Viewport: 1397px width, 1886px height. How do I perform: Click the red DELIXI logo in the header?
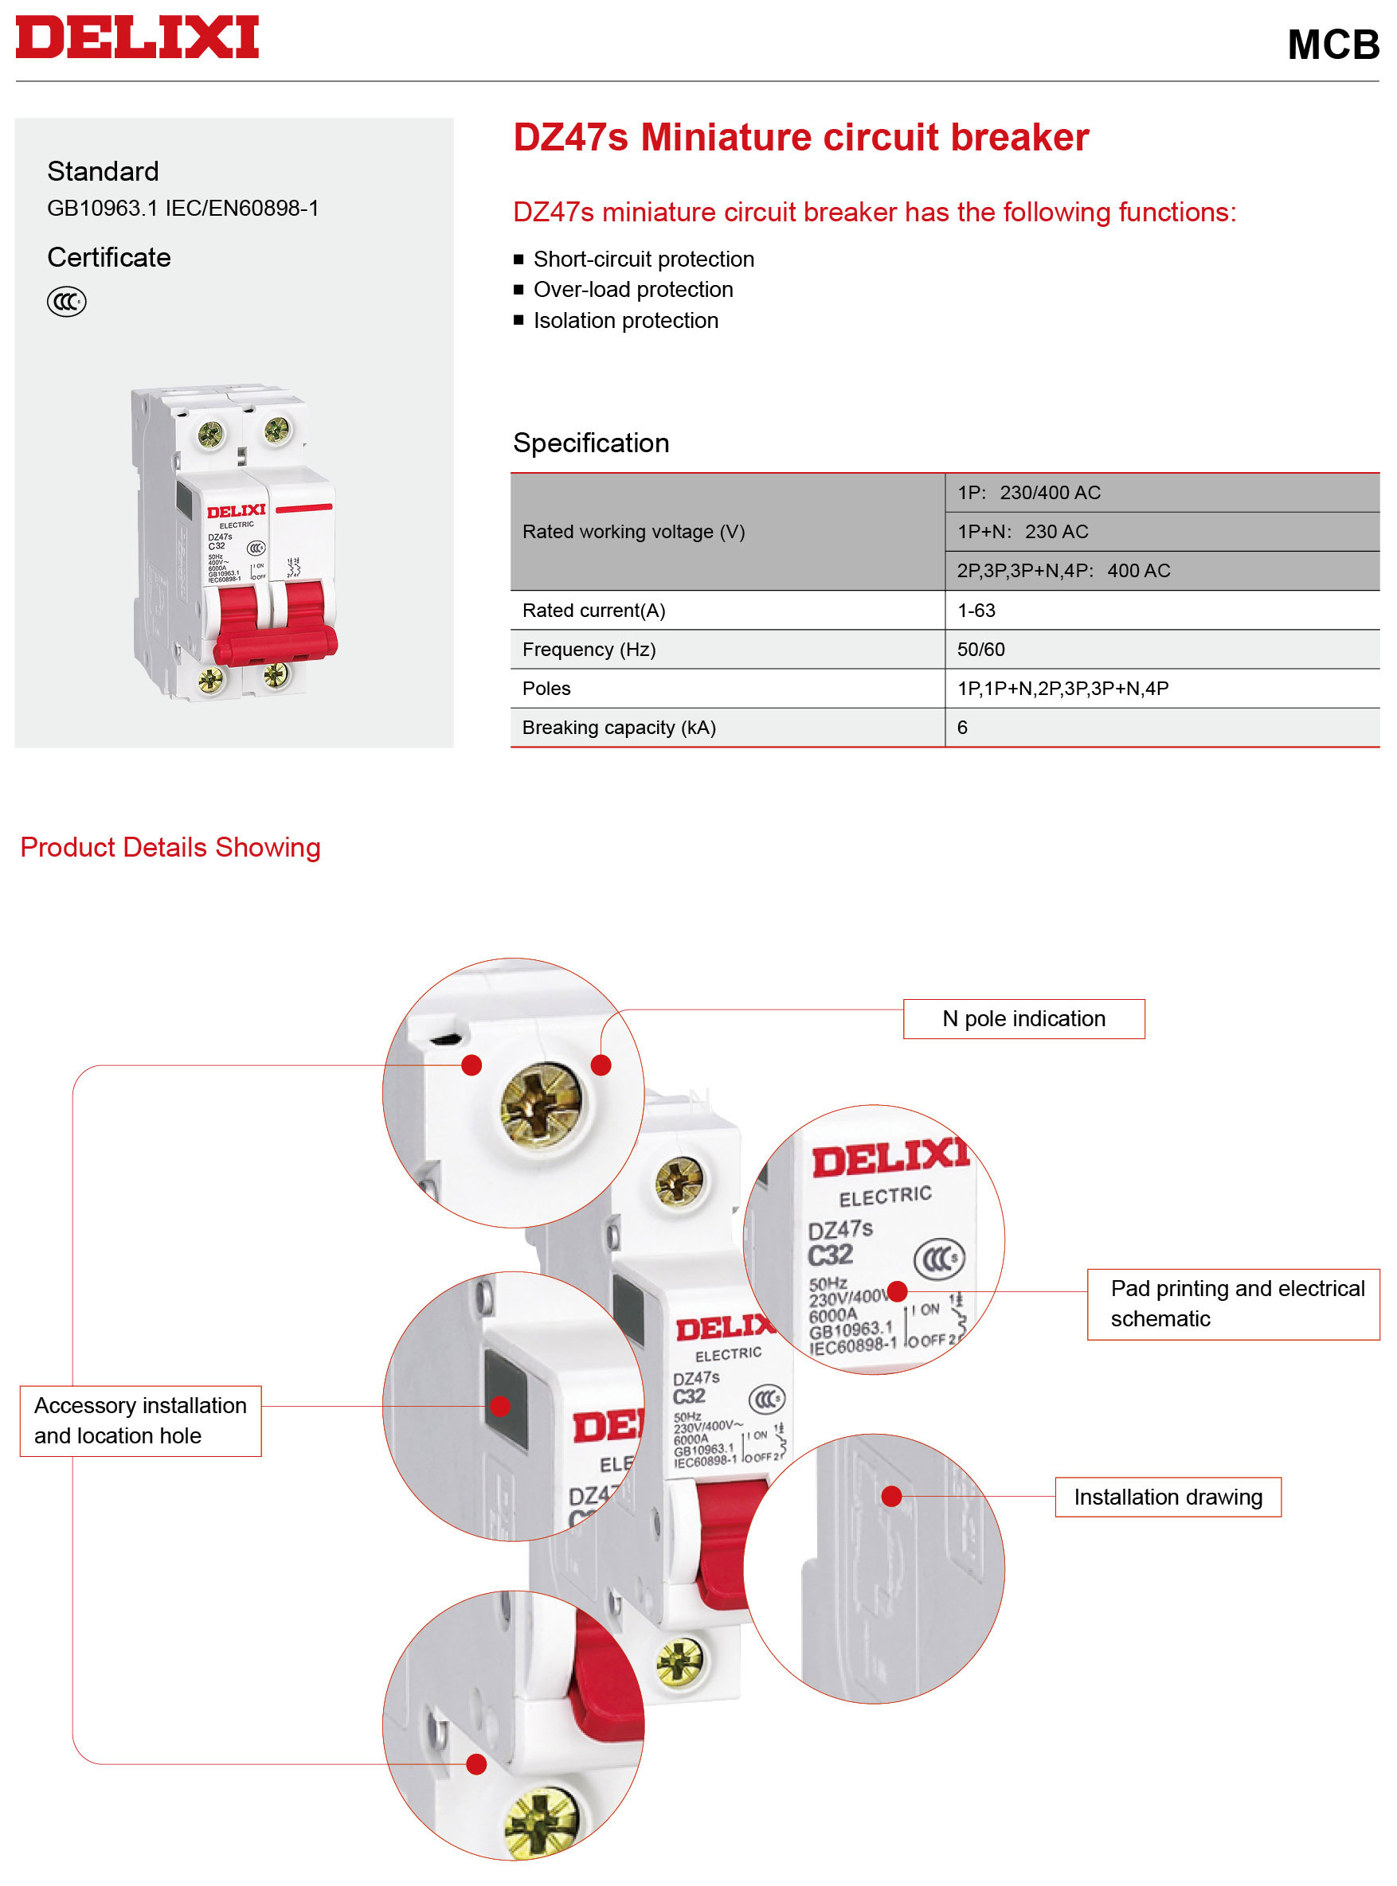pos(137,37)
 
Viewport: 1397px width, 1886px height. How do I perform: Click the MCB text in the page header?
pos(1332,45)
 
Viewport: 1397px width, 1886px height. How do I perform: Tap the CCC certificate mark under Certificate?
pos(67,301)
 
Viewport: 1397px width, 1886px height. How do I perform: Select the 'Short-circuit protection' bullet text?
pos(644,259)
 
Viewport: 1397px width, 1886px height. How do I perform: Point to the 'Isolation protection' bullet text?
pos(626,320)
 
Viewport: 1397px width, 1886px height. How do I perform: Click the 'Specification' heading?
pos(591,443)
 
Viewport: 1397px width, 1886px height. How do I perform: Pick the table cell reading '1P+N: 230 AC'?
pos(1023,532)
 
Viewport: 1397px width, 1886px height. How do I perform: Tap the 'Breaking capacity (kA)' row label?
pos(619,728)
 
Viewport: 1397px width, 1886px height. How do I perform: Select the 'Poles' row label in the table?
pos(546,688)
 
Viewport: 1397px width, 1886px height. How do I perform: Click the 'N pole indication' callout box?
pos(1024,1019)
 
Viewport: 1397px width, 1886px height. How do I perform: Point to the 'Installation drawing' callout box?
pos(1168,1497)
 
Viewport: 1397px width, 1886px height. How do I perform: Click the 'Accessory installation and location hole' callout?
pos(140,1420)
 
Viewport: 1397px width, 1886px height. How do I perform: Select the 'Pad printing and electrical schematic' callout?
pos(1233,1303)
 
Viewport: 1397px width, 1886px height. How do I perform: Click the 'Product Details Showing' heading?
pos(170,847)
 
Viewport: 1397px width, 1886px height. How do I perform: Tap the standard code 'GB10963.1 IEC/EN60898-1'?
pos(182,208)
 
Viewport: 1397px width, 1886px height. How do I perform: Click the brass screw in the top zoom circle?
pos(542,1104)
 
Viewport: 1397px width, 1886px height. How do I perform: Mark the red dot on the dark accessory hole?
pos(501,1406)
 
